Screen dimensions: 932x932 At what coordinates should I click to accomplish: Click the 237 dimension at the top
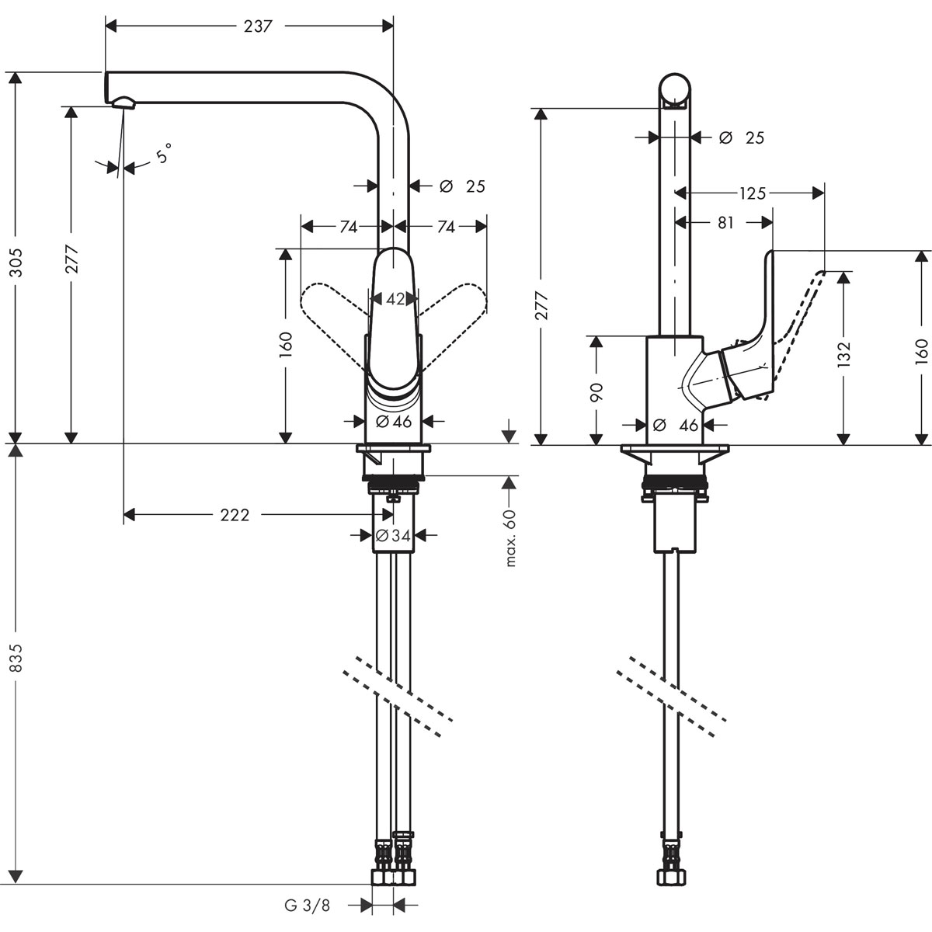point(257,26)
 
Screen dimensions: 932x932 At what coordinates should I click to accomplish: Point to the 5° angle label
point(162,155)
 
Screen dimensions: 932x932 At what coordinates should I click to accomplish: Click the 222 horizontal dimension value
point(235,515)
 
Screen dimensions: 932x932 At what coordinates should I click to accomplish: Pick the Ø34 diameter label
point(393,535)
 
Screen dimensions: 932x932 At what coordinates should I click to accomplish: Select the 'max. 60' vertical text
point(510,538)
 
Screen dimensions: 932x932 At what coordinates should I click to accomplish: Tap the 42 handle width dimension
point(395,299)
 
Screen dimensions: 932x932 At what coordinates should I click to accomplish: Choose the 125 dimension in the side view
point(752,193)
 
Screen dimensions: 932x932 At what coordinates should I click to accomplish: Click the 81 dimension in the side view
point(725,223)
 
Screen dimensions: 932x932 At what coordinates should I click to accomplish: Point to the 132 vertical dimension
point(844,353)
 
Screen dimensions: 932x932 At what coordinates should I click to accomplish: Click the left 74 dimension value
point(348,227)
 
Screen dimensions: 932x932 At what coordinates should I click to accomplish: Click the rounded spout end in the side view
point(674,89)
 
